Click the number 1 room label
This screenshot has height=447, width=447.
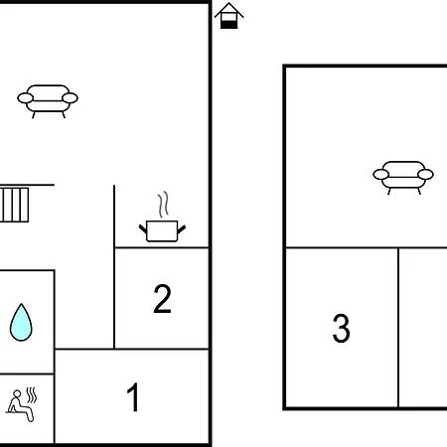(x=133, y=397)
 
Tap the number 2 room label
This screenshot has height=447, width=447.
(x=162, y=298)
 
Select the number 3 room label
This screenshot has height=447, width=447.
(x=341, y=328)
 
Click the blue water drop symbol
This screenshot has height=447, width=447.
(x=21, y=322)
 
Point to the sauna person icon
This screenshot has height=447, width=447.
(x=21, y=404)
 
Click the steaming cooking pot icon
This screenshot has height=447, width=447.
(x=162, y=217)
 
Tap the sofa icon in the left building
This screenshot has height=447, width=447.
(x=48, y=101)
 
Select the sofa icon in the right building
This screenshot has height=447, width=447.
(x=403, y=178)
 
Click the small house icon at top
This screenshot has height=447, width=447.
(x=228, y=16)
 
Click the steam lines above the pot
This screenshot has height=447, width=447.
(x=163, y=204)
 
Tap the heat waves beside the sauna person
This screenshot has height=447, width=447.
(x=32, y=395)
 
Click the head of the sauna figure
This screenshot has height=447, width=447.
(x=17, y=393)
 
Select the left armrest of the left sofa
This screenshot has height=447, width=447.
(x=26, y=98)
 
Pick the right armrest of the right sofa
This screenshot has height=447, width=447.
(x=425, y=174)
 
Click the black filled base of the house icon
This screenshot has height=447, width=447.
(x=228, y=25)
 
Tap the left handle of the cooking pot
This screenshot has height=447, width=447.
(x=143, y=228)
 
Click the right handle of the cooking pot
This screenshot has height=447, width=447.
(x=182, y=229)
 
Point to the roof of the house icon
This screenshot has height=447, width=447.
(x=228, y=10)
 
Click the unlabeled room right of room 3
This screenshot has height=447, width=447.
(x=423, y=328)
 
